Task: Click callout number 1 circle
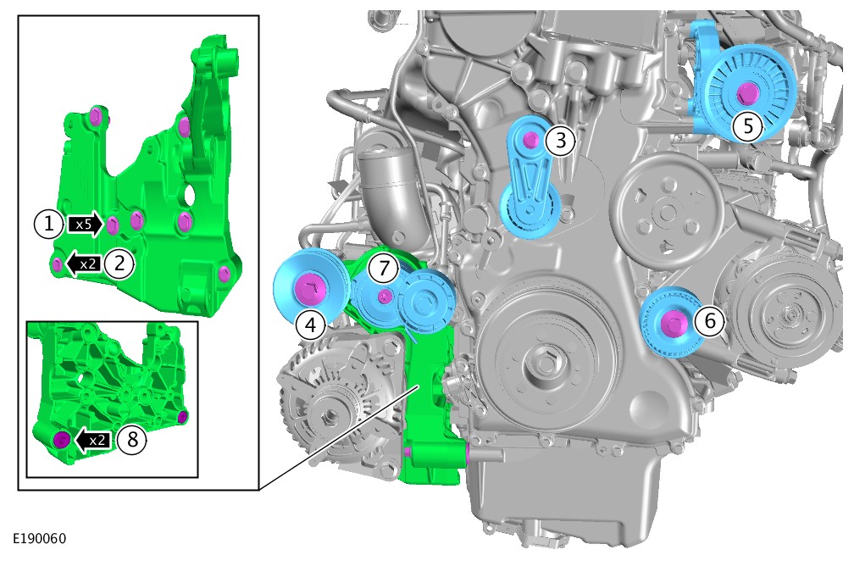49,224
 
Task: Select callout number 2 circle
119,264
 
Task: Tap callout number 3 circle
561,141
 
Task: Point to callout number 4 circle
310,325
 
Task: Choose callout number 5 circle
748,126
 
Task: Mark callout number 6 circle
710,321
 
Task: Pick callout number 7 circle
385,268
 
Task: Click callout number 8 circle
132,439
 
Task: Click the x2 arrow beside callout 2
83,264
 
